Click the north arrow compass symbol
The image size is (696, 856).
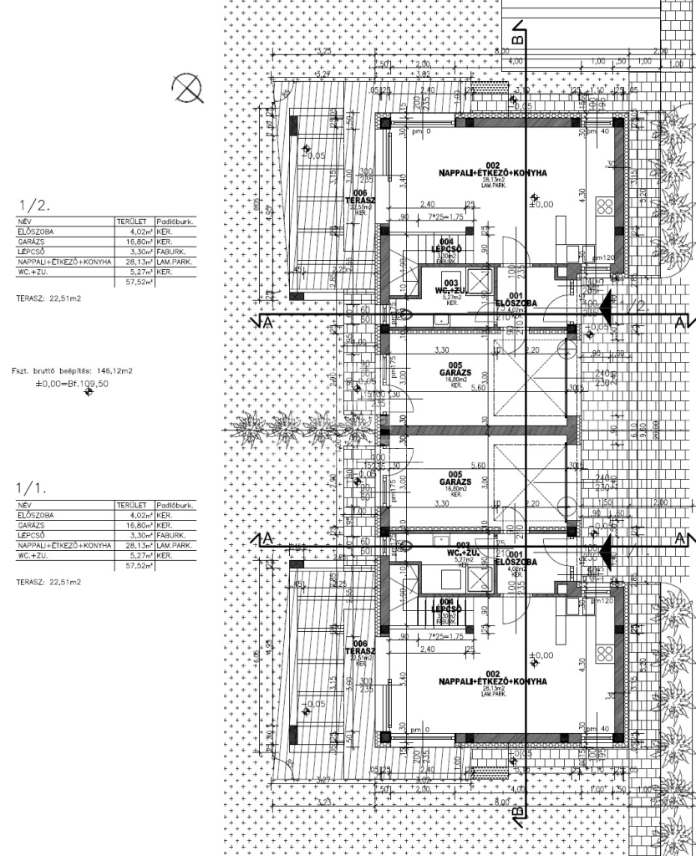pyautogui.click(x=188, y=87)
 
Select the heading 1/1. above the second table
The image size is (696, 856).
pyautogui.click(x=32, y=487)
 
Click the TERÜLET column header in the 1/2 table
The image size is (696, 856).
pyautogui.click(x=132, y=222)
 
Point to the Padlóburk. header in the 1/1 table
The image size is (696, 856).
pyautogui.click(x=175, y=506)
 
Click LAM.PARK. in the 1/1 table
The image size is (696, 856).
pyautogui.click(x=175, y=546)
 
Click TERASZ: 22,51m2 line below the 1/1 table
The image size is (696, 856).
pyautogui.click(x=48, y=581)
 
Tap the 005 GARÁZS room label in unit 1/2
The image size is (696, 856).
pyautogui.click(x=455, y=370)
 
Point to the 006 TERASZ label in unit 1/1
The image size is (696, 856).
pyautogui.click(x=359, y=650)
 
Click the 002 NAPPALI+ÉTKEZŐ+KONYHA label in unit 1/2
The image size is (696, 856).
pyautogui.click(x=492, y=171)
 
